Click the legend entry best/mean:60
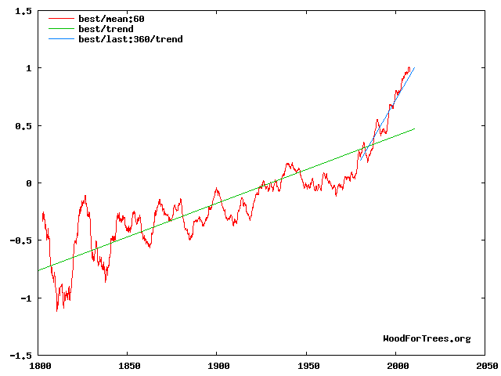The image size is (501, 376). [111, 19]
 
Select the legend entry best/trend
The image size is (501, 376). [106, 29]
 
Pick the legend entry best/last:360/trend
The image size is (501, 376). [130, 38]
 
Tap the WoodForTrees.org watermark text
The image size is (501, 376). [427, 338]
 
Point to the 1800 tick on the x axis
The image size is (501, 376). [38, 365]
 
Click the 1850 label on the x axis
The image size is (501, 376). [128, 365]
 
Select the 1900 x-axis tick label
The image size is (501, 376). [218, 365]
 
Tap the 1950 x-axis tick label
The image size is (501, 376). [308, 365]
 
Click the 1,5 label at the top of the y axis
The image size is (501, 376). [23, 11]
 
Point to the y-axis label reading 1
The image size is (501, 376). [29, 68]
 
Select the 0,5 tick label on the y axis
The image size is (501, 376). [23, 126]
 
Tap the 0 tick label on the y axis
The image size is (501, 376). [29, 183]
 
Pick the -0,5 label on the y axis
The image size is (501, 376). [20, 240]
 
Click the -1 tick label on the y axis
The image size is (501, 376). [26, 298]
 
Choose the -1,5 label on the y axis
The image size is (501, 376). [20, 356]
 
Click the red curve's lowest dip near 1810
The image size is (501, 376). [57, 311]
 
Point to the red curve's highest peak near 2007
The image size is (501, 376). [409, 67]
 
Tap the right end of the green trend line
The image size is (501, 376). [414, 128]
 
